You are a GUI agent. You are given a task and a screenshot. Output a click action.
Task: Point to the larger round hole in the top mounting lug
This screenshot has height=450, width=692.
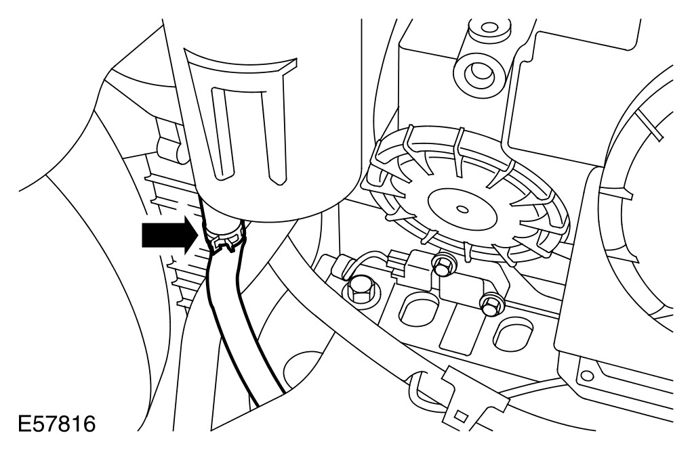pos(481,70)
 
